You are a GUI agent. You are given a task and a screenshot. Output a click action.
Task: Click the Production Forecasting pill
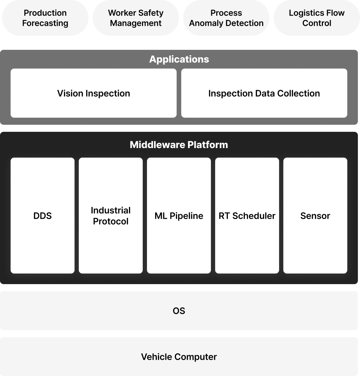tap(45, 18)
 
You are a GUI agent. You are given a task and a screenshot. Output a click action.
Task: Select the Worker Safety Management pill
tap(136, 18)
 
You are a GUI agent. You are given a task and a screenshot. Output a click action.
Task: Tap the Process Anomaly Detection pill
tap(226, 18)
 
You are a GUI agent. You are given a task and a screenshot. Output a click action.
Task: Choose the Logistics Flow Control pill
tap(317, 18)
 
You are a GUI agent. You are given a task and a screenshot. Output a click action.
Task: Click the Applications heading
tap(179, 59)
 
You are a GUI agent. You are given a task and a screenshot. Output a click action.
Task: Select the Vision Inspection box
tap(94, 93)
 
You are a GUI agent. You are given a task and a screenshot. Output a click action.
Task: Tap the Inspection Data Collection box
tap(264, 93)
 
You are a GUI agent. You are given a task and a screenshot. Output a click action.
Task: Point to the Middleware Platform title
tap(179, 145)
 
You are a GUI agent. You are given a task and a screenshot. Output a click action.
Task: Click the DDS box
tap(42, 215)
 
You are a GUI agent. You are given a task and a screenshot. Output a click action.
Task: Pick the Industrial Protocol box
tap(111, 215)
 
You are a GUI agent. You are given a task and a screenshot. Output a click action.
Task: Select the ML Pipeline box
tap(179, 215)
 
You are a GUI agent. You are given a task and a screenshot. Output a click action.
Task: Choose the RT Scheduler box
tap(247, 215)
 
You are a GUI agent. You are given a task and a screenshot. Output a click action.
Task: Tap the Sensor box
tap(315, 215)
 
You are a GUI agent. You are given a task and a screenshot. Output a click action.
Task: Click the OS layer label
tap(179, 311)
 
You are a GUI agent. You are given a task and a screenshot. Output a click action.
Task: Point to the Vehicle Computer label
tap(179, 357)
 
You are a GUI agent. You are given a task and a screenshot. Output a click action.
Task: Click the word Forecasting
tap(45, 23)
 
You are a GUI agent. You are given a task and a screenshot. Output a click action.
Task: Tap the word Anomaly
tap(206, 23)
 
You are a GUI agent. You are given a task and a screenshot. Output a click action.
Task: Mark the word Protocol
tap(111, 221)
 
